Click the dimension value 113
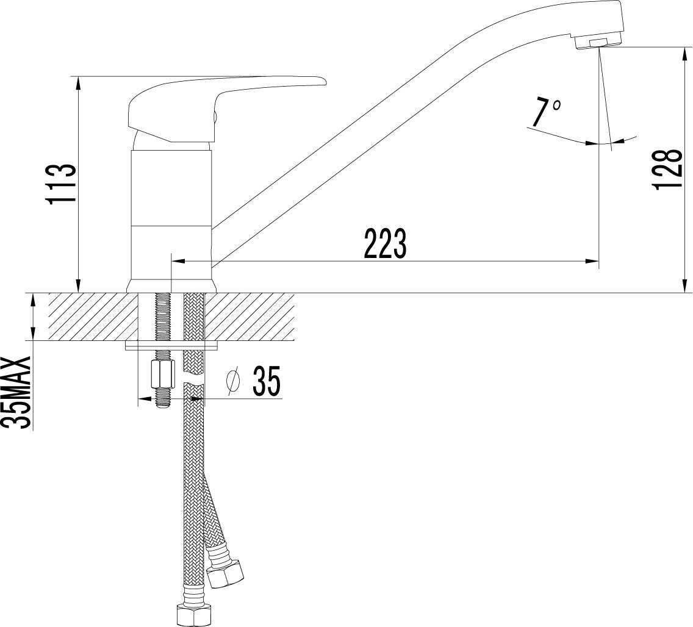coord(61,184)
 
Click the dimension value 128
coord(667,170)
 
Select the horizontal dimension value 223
coord(385,243)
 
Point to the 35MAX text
coord(17,392)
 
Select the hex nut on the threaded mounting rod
coord(163,373)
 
